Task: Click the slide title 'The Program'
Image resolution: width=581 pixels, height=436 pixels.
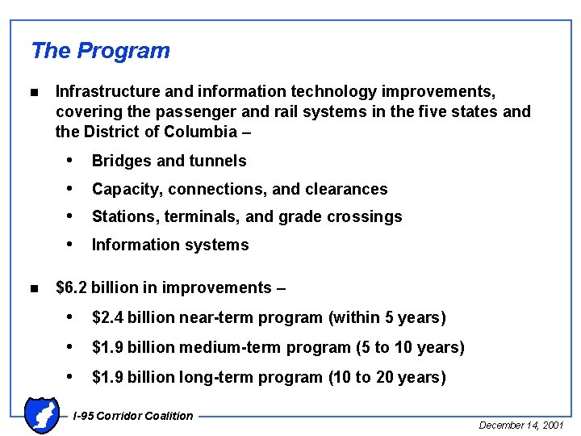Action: [100, 51]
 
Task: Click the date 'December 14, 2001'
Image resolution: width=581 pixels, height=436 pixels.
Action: [521, 425]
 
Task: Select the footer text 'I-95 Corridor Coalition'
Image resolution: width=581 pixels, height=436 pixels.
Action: [133, 416]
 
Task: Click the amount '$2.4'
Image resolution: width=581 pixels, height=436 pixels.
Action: [108, 318]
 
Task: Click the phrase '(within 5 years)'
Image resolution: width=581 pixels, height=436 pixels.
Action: [387, 318]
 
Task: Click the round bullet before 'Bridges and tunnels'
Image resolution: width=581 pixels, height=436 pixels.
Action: [72, 161]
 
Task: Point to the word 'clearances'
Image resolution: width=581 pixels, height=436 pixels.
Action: [346, 190]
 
